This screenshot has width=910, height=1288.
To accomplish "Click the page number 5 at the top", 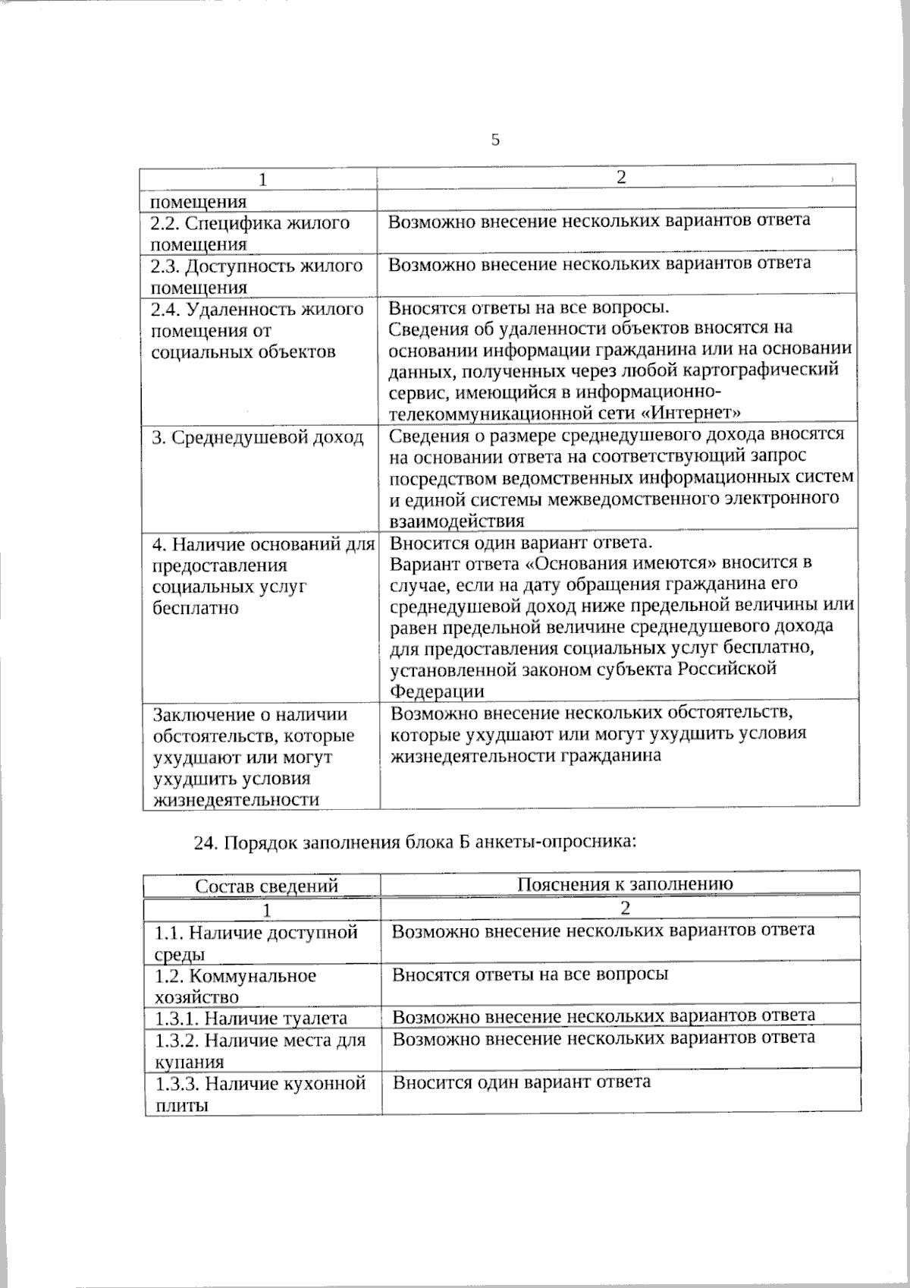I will point(495,140).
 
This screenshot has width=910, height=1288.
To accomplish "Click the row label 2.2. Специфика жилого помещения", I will point(250,233).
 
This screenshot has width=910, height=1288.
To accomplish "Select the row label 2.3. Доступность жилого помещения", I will point(256,276).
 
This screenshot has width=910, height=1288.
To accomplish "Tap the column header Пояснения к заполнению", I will point(625,883).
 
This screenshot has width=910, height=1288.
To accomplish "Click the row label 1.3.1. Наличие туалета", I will point(251,1018).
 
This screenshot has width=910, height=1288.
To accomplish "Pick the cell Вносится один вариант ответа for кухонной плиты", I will point(521,1082).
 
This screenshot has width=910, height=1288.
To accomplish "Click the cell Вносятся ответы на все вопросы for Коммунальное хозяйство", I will point(530,974).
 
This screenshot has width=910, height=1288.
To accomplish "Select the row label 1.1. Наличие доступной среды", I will point(256,942).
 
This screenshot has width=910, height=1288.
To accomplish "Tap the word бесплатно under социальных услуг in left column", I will point(196,608).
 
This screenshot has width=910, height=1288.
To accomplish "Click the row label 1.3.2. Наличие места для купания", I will point(260,1050).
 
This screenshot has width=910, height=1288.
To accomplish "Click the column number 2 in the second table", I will point(625,908).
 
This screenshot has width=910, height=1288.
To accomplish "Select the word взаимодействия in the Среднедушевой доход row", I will point(457,521).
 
